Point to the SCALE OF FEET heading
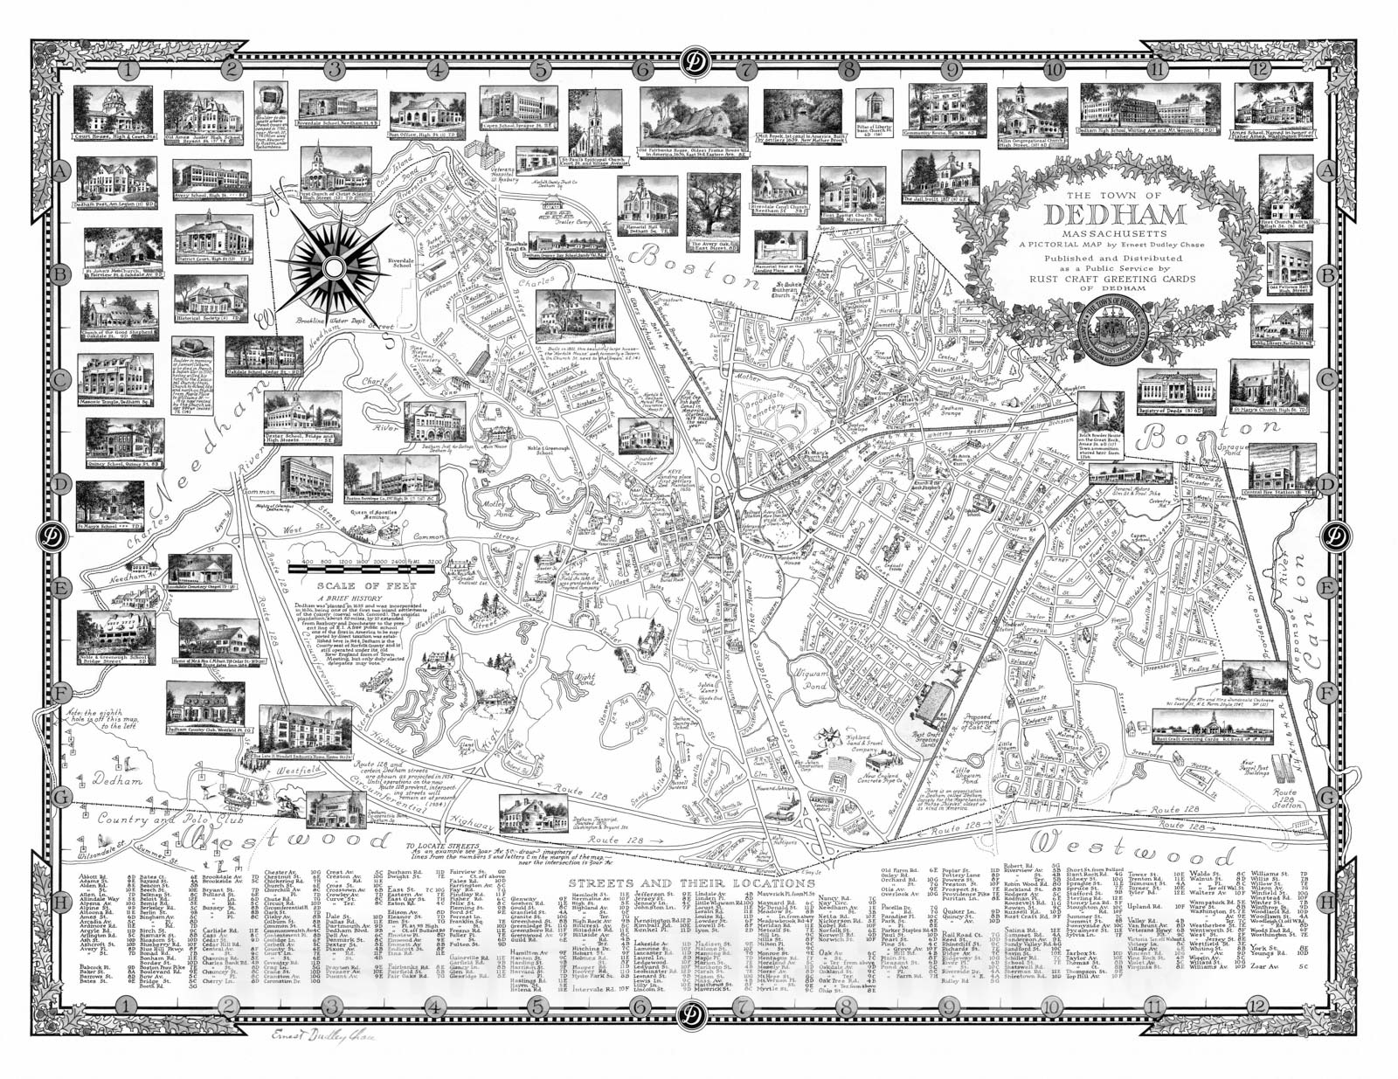(x=355, y=586)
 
